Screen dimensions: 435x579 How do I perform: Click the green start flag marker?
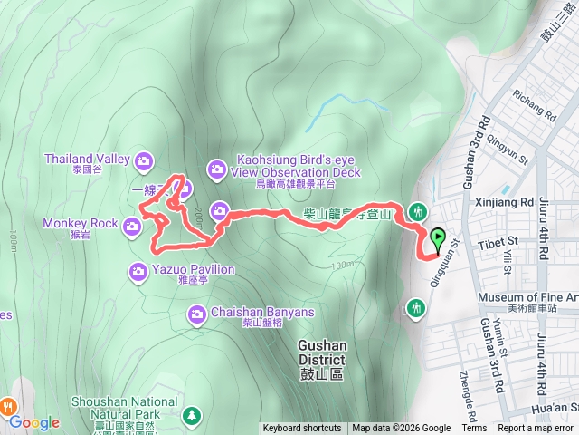pyautogui.click(x=439, y=239)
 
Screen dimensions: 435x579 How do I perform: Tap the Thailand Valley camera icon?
pyautogui.click(x=144, y=162)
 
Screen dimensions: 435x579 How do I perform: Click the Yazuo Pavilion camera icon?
pyautogui.click(x=138, y=271)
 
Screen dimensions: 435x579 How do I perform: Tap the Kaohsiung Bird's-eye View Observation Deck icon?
pyautogui.click(x=217, y=168)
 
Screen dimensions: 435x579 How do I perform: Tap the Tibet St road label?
pyautogui.click(x=498, y=241)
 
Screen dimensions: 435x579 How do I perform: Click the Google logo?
pyautogui.click(x=34, y=422)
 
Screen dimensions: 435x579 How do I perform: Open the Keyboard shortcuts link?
pyautogui.click(x=302, y=429)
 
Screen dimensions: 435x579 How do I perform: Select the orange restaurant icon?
pyautogui.click(x=7, y=405)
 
